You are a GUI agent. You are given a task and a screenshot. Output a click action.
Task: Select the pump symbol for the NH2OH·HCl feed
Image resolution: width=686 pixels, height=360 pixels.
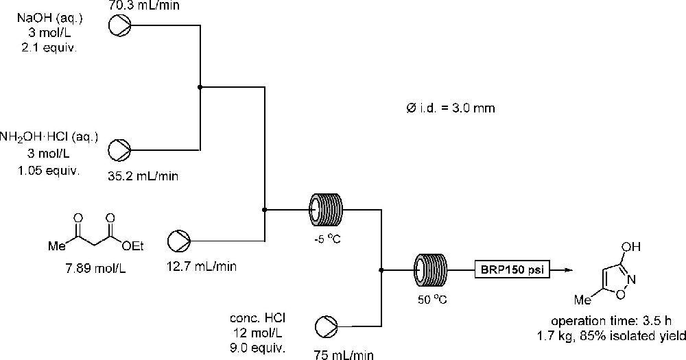point(121,149)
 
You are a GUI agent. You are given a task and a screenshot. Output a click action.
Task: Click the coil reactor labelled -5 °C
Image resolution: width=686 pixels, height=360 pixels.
point(327,208)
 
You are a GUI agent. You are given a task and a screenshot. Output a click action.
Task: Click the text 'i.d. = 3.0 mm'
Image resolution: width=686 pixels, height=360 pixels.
point(456,109)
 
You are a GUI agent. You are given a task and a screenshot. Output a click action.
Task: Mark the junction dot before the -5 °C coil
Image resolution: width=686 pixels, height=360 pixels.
point(265,209)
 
